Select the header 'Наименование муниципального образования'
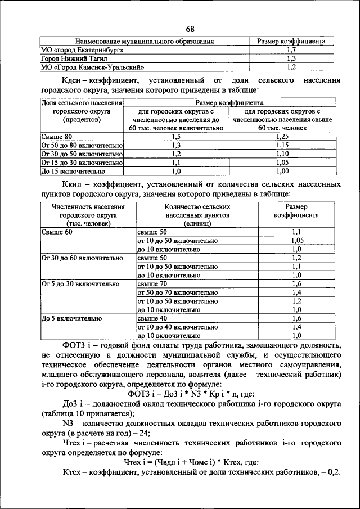pos(145,42)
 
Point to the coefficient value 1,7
pos(291,49)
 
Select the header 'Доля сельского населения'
pos(82,103)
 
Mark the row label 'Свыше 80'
pos(57,137)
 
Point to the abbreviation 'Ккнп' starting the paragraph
pos(76,184)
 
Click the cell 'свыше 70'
pos(152,284)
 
